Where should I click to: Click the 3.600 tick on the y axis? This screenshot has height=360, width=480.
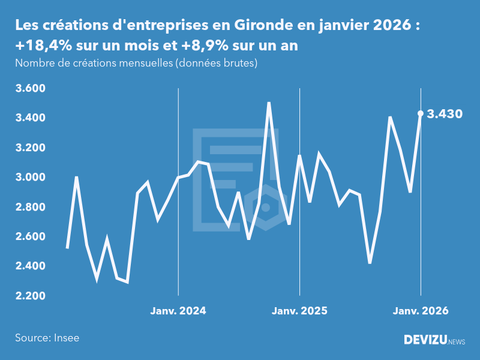(30, 89)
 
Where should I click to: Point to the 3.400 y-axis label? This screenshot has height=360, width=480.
(30, 118)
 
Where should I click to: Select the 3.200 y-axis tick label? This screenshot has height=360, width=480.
(30, 148)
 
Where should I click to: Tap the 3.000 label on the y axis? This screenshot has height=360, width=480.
(30, 178)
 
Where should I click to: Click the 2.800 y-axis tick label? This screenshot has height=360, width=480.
(30, 207)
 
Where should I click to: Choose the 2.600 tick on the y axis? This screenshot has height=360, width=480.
(30, 236)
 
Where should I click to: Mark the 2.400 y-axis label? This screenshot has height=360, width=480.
(30, 266)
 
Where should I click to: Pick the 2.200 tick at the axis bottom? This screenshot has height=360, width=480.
(30, 296)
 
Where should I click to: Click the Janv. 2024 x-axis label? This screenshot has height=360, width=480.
(178, 311)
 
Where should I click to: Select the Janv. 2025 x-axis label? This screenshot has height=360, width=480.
(299, 311)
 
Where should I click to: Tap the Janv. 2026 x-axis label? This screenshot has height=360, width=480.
(421, 311)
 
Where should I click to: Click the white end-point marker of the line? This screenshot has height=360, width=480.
(421, 113)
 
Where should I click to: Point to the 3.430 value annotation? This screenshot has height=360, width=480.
(445, 114)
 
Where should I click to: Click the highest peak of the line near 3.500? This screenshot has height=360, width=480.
(269, 103)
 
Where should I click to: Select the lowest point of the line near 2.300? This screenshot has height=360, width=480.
(127, 281)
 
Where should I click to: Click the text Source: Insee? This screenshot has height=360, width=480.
(47, 338)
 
